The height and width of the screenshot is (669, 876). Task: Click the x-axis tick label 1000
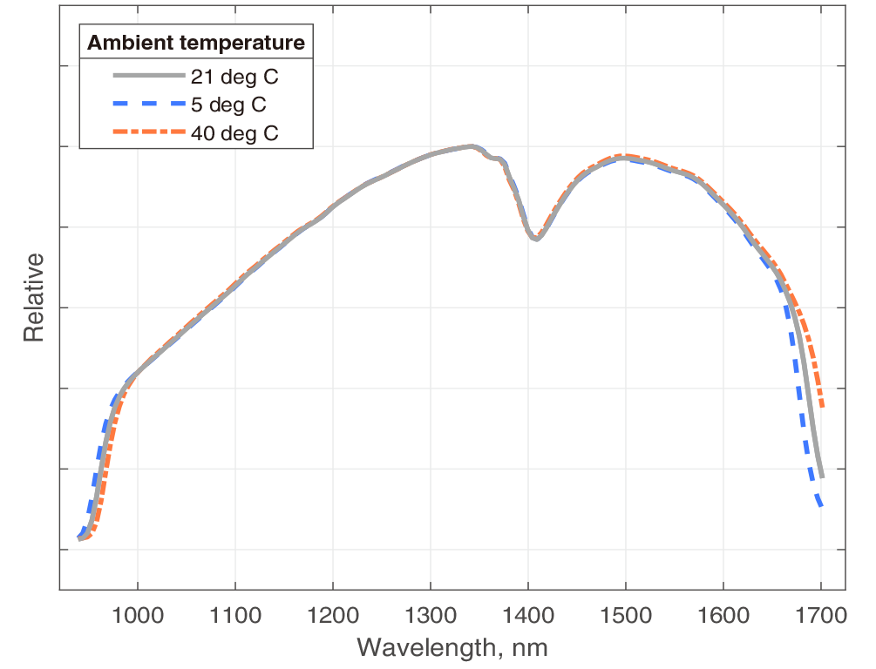tap(138, 618)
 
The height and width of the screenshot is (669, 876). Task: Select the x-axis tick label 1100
tap(235, 618)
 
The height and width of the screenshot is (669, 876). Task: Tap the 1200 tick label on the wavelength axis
tap(333, 618)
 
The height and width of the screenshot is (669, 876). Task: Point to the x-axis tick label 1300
tap(431, 618)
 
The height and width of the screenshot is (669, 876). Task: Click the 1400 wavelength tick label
tap(528, 618)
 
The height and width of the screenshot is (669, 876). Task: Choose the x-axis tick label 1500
tap(626, 618)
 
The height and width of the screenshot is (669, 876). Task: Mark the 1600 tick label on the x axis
tap(723, 618)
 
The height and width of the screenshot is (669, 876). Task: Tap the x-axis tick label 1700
tap(821, 618)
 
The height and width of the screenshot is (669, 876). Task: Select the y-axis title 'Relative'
tap(33, 297)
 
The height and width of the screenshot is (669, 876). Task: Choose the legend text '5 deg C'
tap(228, 105)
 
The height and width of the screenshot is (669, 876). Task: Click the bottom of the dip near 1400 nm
tap(535, 239)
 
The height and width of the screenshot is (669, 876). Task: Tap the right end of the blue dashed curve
tap(821, 505)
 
